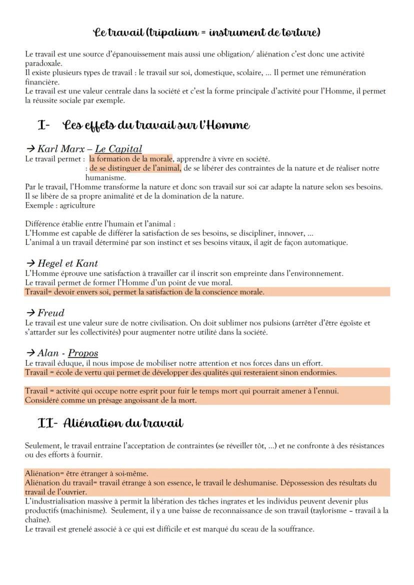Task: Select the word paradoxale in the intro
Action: [x=43, y=63]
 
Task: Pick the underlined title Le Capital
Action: [x=118, y=149]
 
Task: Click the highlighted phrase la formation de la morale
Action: [x=130, y=159]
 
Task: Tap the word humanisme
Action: [x=104, y=177]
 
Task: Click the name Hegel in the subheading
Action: [x=52, y=263]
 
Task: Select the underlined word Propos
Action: [x=83, y=353]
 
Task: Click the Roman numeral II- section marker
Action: [x=48, y=424]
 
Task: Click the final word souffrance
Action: [x=295, y=529]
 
